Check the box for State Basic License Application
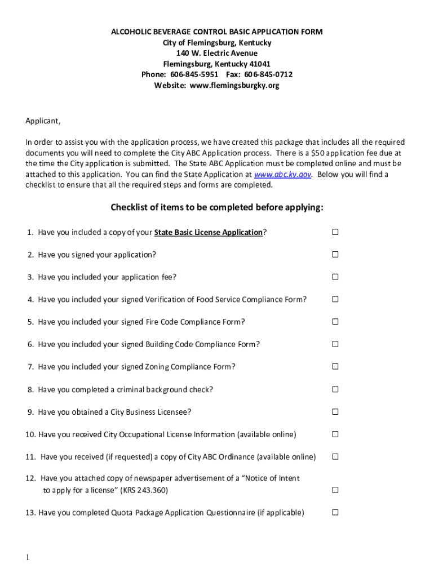[x=335, y=232]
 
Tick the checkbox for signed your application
[x=335, y=255]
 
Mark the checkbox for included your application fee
[x=335, y=277]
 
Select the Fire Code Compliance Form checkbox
[x=335, y=322]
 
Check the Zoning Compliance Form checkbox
[x=335, y=366]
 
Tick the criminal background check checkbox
[x=335, y=389]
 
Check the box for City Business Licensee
[x=335, y=412]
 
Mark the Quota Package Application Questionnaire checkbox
[x=335, y=512]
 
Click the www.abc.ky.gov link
[x=282, y=175]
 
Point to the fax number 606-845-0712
[x=268, y=75]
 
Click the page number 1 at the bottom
[x=27, y=557]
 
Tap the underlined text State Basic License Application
[x=209, y=232]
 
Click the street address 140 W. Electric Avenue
[x=217, y=54]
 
